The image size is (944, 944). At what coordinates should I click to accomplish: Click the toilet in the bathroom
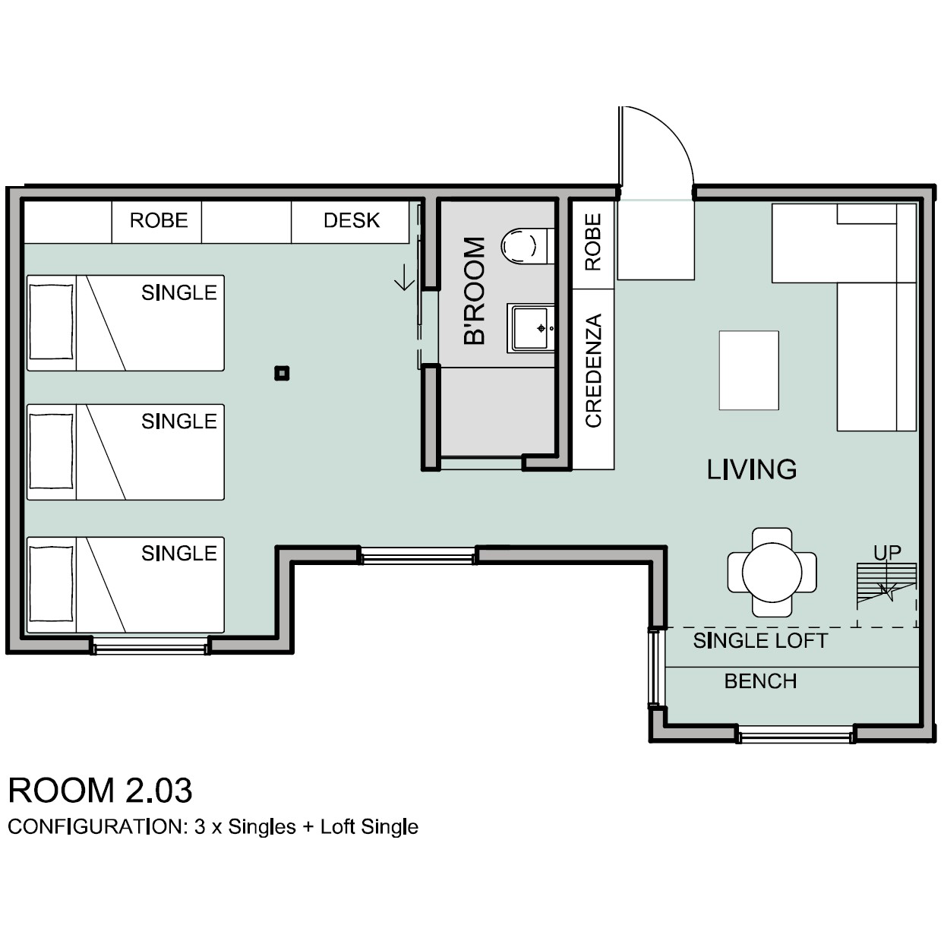527,246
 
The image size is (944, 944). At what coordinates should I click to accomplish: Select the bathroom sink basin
532,328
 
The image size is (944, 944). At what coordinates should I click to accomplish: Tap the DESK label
352,221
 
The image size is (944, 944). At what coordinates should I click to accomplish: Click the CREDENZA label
593,371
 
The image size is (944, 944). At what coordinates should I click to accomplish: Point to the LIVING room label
751,469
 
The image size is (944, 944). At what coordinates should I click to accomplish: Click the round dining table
772,572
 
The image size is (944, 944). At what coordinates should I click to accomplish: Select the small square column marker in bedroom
282,374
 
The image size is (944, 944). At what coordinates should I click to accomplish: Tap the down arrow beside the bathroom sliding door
405,277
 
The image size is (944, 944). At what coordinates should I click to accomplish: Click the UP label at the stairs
887,553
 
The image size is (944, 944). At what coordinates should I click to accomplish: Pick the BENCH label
760,681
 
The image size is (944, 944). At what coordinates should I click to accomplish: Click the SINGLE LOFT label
760,641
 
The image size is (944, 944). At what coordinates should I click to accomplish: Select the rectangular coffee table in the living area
749,371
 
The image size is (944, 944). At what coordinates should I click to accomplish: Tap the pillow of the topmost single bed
51,323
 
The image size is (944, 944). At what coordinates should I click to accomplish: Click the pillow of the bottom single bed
51,585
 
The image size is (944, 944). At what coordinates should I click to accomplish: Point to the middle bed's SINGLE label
178,421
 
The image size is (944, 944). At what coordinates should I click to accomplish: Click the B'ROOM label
474,291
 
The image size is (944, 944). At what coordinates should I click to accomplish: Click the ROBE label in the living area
593,242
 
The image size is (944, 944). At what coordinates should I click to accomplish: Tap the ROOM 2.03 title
100,791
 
